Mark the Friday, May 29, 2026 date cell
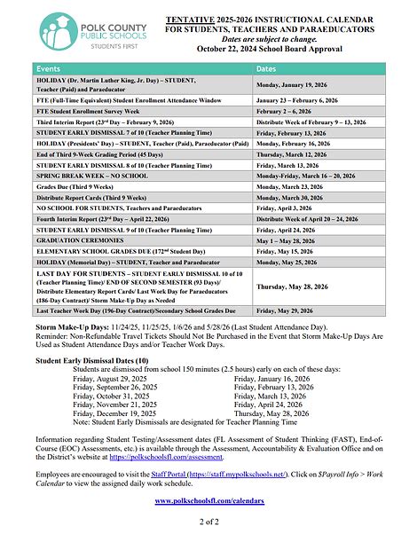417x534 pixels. tap(287, 337)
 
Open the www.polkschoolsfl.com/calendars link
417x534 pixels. tap(208, 501)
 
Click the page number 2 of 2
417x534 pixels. tap(208, 523)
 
